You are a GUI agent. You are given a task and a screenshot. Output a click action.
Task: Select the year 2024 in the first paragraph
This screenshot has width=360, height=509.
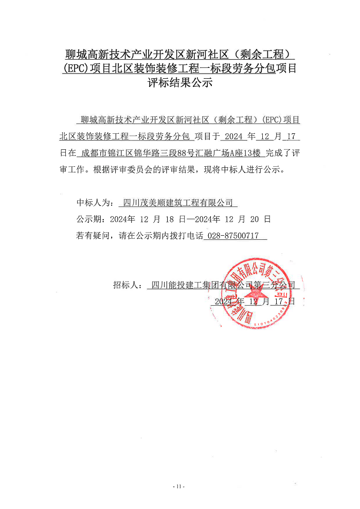[233, 136]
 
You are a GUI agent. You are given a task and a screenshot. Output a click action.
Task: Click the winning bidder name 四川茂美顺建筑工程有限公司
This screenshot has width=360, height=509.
[178, 202]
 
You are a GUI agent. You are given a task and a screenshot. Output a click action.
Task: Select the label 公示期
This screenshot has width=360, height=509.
[91, 219]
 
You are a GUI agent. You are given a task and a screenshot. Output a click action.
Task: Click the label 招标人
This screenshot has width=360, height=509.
[126, 285]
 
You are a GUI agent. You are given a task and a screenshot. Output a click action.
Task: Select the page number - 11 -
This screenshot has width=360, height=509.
[179, 486]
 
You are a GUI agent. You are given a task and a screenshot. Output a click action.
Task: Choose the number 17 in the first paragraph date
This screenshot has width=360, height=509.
[291, 136]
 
